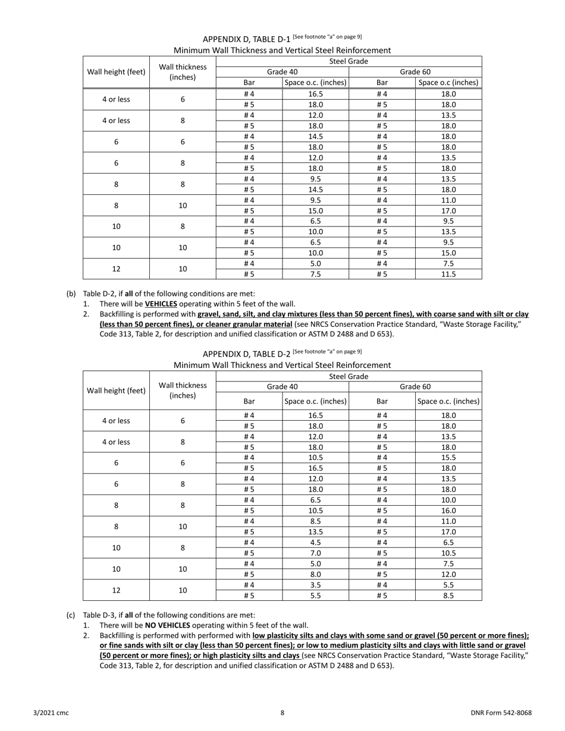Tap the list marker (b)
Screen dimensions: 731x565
point(71,294)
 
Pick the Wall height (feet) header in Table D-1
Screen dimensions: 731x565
point(116,72)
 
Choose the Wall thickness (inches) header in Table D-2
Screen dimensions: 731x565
point(183,390)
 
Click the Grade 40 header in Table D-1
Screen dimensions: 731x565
point(282,72)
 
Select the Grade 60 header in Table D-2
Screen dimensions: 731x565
point(415,386)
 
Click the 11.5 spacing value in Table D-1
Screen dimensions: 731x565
point(448,275)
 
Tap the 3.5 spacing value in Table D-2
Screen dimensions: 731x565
point(315,585)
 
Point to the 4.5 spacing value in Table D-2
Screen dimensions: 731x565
point(315,543)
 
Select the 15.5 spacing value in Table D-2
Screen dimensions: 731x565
point(448,458)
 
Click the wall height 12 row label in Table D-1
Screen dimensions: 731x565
point(116,269)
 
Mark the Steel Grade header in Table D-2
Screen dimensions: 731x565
point(349,376)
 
